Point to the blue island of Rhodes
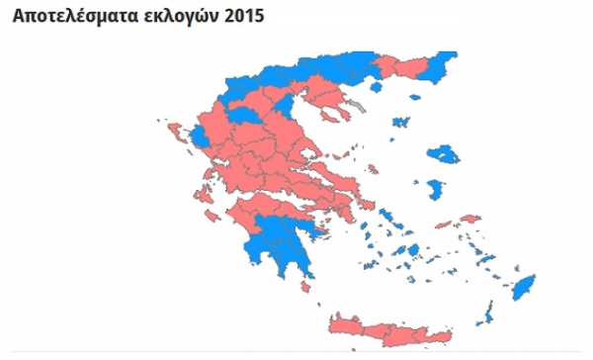(523, 290)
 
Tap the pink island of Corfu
(176, 132)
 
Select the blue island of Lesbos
(441, 154)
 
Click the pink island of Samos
(469, 219)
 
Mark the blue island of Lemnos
(400, 123)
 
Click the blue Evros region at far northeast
(444, 62)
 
